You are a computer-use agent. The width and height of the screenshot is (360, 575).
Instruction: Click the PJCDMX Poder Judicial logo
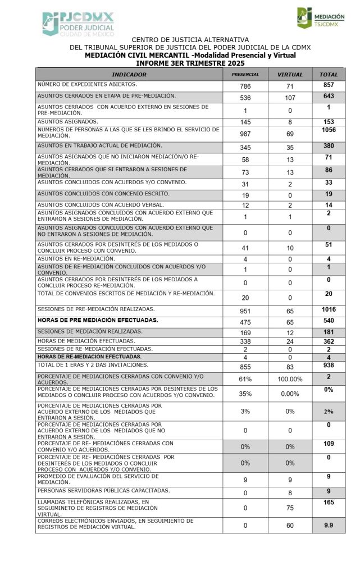(78, 24)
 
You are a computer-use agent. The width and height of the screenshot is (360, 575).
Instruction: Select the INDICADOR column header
(129, 74)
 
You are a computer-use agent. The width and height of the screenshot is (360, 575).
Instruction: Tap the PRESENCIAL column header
(245, 74)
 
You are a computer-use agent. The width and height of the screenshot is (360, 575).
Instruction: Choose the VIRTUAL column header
(290, 74)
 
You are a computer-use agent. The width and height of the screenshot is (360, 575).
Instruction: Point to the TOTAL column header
(329, 74)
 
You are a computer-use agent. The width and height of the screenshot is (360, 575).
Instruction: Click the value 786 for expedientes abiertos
(245, 86)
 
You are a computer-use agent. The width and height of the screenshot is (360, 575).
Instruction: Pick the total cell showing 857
(329, 85)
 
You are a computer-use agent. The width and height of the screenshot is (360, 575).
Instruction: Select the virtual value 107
(290, 98)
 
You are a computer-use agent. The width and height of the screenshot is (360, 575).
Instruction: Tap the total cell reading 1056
(329, 130)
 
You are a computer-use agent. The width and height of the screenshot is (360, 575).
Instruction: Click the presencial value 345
(245, 148)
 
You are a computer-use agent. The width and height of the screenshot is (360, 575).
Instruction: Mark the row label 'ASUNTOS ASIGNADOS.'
(68, 121)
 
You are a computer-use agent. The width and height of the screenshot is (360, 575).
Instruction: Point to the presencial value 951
(245, 311)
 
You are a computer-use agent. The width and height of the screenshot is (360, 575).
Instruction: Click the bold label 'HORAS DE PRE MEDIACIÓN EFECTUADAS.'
(98, 320)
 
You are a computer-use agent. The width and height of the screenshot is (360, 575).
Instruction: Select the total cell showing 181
(329, 332)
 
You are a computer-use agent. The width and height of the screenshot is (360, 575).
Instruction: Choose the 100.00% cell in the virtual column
(290, 379)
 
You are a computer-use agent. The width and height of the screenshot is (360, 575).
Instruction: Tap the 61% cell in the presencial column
(245, 379)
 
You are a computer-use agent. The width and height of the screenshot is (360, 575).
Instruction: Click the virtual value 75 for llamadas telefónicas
(290, 508)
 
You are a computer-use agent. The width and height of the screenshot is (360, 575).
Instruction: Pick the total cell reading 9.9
(329, 524)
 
